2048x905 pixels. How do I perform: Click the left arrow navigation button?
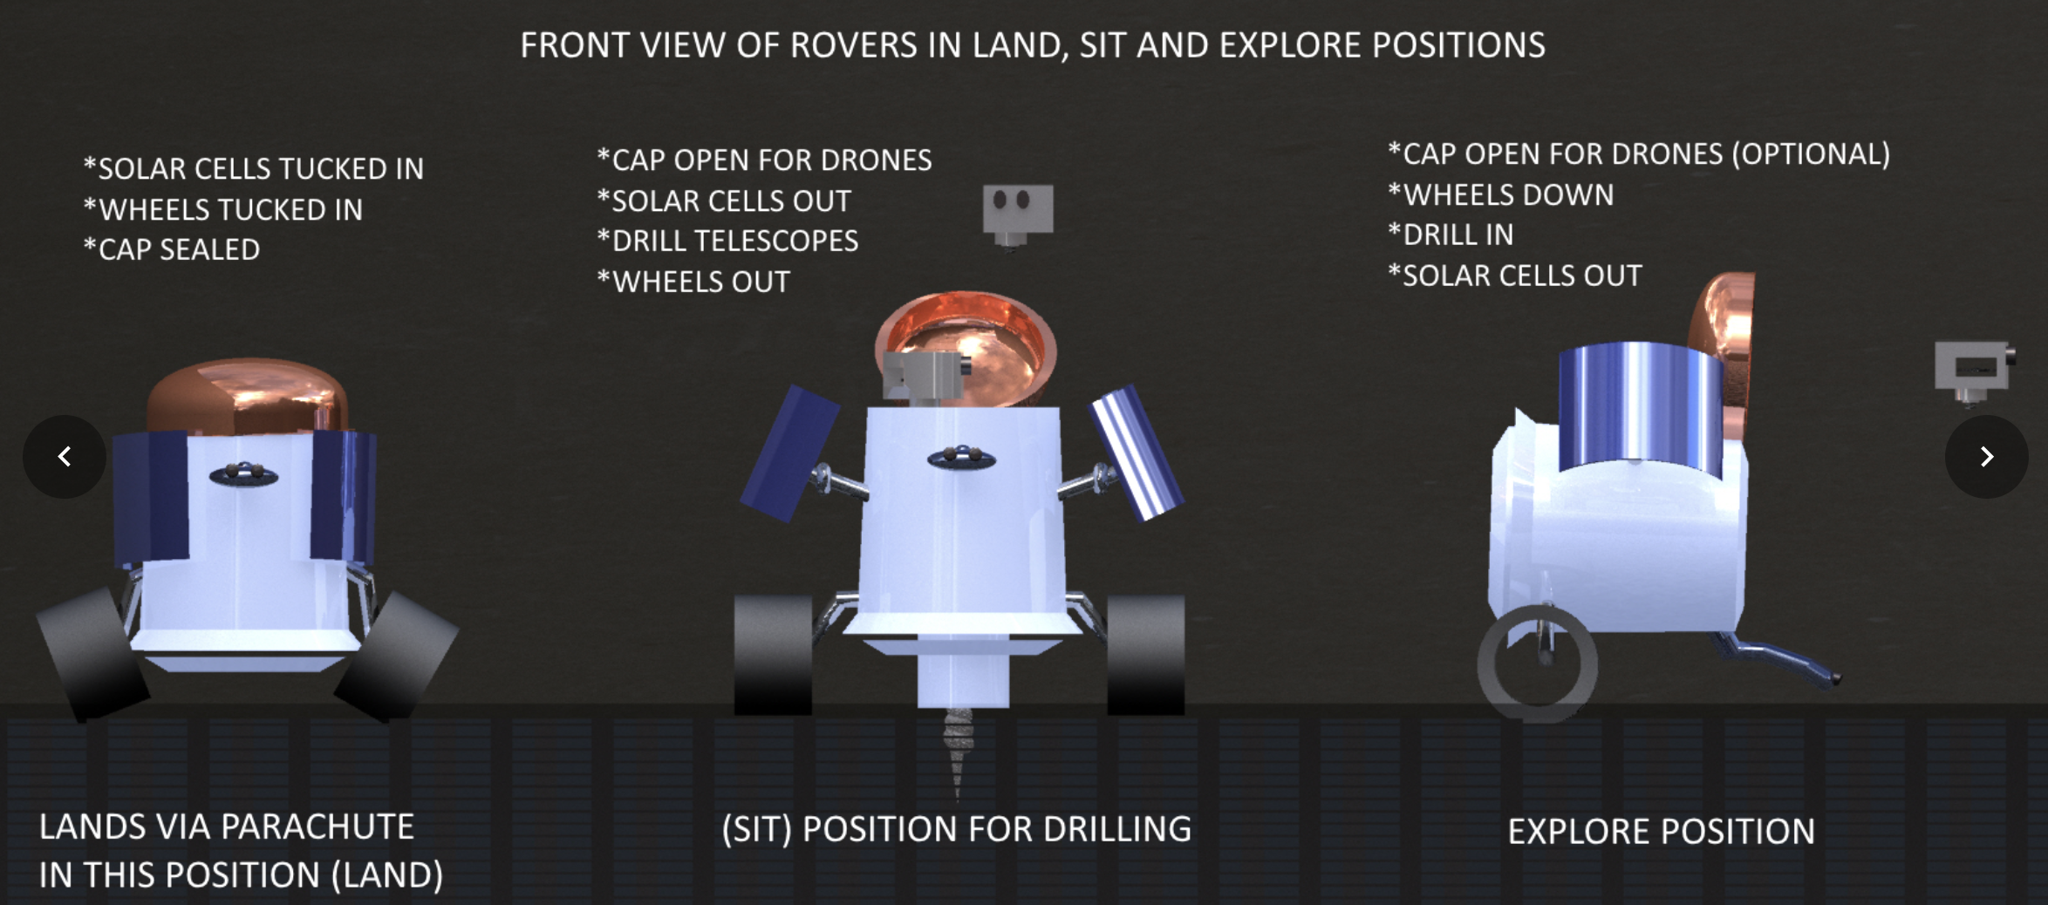pyautogui.click(x=65, y=456)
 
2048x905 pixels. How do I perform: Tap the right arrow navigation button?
pyautogui.click(x=1986, y=456)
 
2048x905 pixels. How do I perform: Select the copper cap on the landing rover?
pyautogui.click(x=248, y=397)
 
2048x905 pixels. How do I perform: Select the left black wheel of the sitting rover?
pyautogui.click(x=773, y=654)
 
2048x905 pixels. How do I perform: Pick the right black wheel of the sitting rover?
pyautogui.click(x=1145, y=654)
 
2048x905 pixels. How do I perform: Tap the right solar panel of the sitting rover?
pyautogui.click(x=1137, y=452)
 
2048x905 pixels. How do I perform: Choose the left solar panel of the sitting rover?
pyautogui.click(x=789, y=454)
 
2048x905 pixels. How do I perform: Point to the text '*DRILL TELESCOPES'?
pyautogui.click(x=727, y=241)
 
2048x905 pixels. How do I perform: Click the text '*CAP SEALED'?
pyautogui.click(x=172, y=249)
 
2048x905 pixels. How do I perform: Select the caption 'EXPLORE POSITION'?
pyautogui.click(x=1662, y=831)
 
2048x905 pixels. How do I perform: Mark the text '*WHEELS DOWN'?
pyautogui.click(x=1501, y=194)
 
